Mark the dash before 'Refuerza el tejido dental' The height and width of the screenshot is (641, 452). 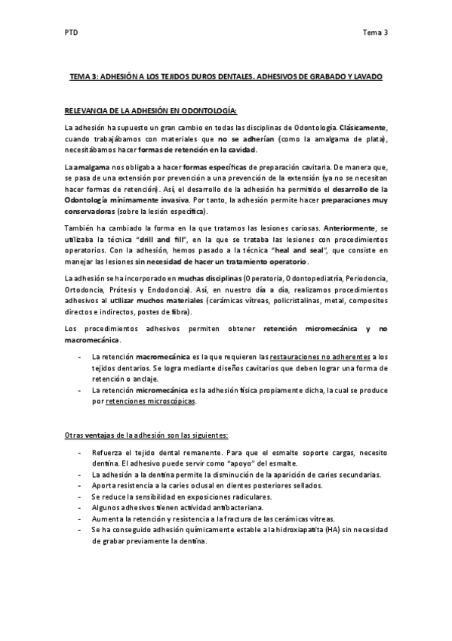(81, 451)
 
